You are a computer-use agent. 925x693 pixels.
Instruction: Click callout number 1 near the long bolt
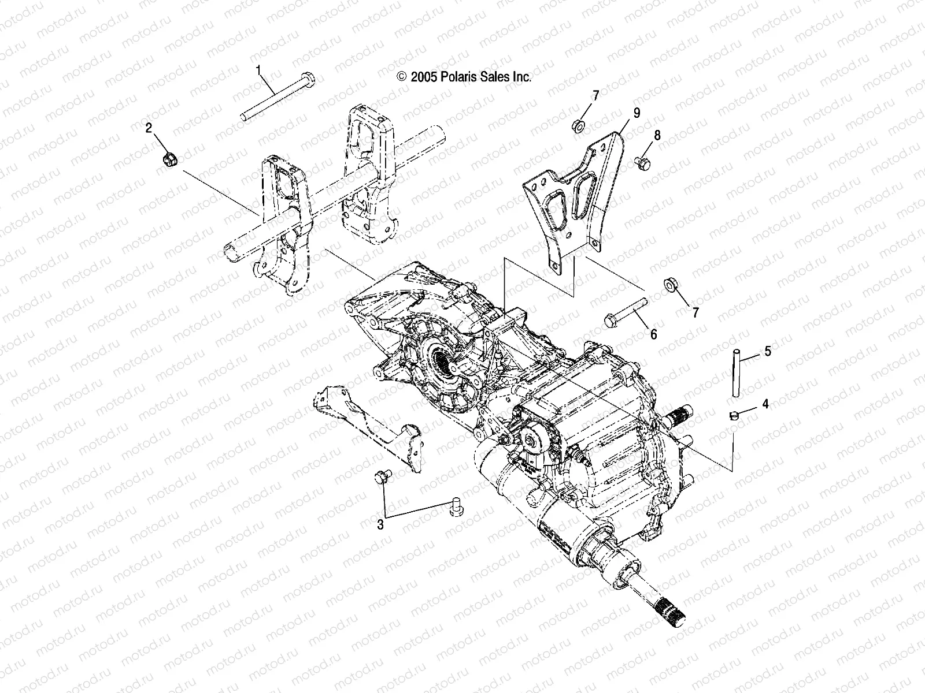(258, 70)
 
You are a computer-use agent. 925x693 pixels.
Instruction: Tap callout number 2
(149, 128)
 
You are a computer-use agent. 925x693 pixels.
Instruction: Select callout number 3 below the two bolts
(380, 524)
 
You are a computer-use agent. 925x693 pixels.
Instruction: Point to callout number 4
(765, 404)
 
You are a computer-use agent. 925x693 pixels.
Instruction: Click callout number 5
(767, 351)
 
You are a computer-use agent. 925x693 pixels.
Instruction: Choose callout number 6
(654, 334)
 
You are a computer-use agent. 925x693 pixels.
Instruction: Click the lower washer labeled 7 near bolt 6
(671, 285)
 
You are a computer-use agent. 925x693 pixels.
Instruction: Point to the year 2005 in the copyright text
(423, 77)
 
